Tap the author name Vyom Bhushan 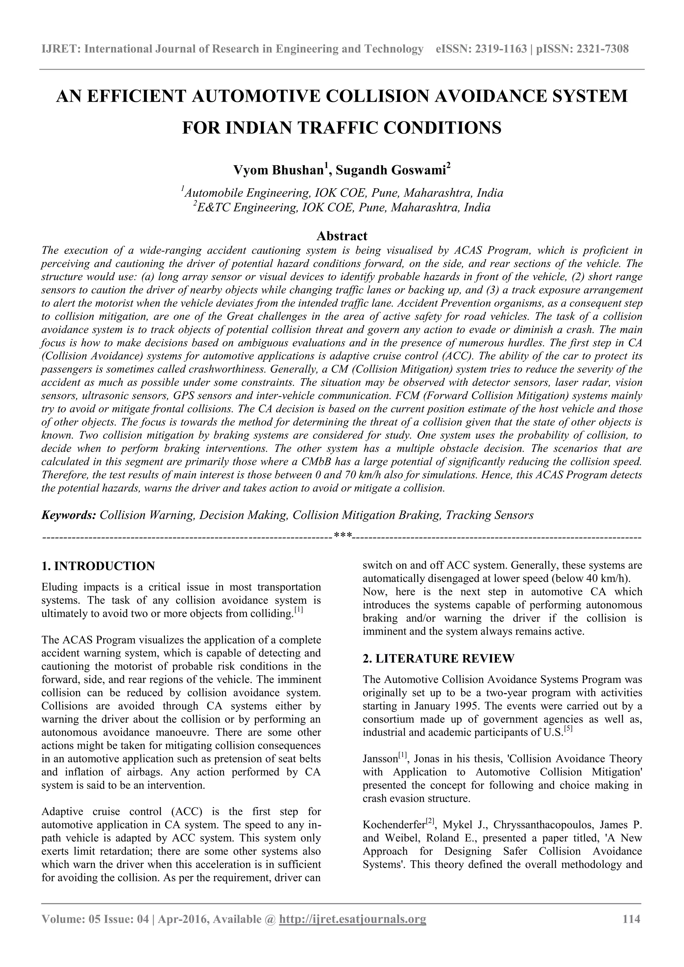[278, 170]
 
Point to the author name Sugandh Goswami [391, 170]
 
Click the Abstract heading [342, 235]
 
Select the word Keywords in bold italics [69, 515]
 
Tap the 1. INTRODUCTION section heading [98, 566]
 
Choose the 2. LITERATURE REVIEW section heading [438, 659]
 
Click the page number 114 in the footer [631, 919]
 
